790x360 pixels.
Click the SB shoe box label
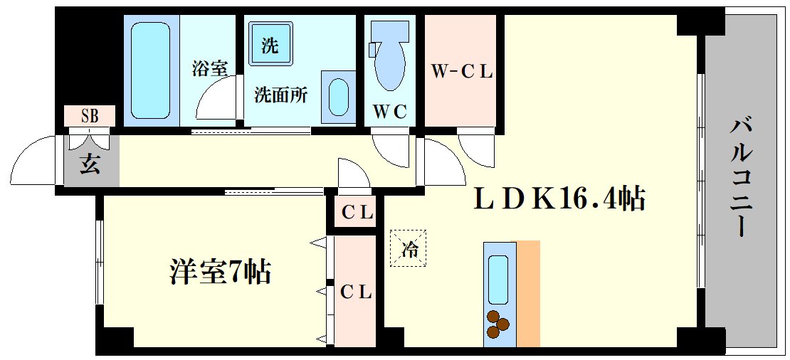[89, 115]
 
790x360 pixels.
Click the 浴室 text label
[209, 69]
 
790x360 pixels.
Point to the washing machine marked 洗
[270, 46]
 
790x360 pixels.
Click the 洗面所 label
[281, 95]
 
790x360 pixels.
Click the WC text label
[390, 112]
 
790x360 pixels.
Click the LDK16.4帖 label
[559, 199]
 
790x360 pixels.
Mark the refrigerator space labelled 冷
[409, 249]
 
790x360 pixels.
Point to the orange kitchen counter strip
[528, 293]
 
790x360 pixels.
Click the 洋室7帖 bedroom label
[221, 272]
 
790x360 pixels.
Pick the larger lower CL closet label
[355, 292]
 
